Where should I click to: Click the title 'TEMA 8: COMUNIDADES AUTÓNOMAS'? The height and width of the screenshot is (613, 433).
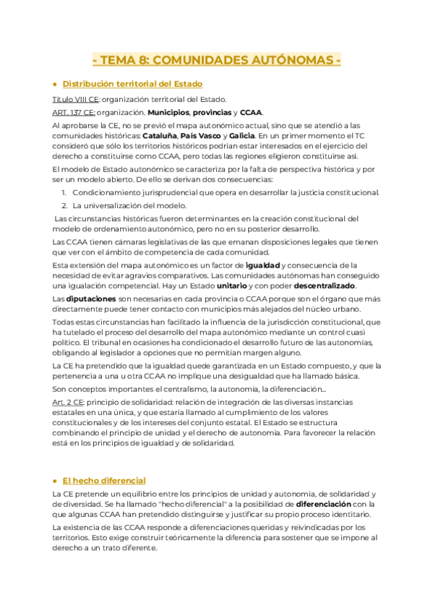tap(217, 59)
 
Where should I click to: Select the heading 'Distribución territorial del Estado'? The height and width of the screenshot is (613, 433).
tap(132, 84)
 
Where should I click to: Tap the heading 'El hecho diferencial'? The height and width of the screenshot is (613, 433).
tap(104, 480)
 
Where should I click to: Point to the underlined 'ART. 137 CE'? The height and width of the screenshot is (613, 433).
tap(73, 113)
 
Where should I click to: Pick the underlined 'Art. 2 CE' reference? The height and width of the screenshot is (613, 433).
tap(69, 400)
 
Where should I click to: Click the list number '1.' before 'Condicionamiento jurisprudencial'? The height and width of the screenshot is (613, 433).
tap(64, 192)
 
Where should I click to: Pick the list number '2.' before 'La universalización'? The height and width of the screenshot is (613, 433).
tap(64, 205)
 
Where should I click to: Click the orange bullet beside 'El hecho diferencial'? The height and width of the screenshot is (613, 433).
tap(55, 481)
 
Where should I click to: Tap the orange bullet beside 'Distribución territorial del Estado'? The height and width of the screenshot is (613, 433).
tap(55, 85)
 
